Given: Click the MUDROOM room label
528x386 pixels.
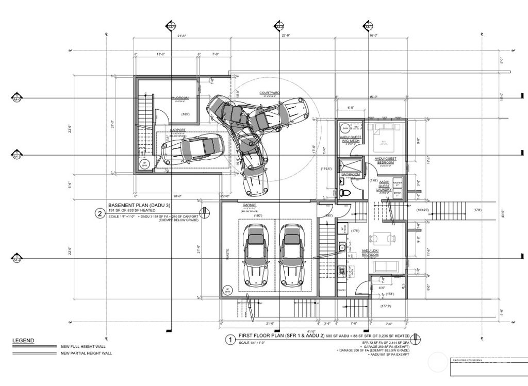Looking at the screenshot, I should click(x=180, y=97).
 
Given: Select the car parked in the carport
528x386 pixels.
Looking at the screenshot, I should click(x=192, y=148).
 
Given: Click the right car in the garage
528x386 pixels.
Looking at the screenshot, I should click(x=291, y=254).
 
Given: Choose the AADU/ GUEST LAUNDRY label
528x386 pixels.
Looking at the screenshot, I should click(x=384, y=186).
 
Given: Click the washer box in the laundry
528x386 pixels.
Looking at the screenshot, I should click(x=397, y=184).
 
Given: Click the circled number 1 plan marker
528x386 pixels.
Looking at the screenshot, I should click(x=229, y=340).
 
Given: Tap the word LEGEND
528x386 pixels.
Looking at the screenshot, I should click(x=23, y=341).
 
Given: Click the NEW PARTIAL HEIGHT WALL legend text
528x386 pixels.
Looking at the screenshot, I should click(x=86, y=353).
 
